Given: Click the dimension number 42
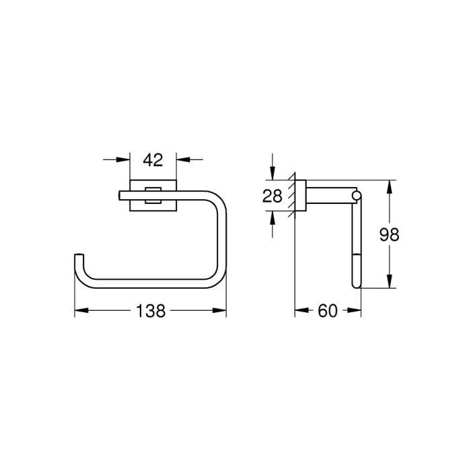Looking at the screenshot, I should (153, 159).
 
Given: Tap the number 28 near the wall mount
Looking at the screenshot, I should (272, 196).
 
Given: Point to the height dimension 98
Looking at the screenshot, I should (389, 234).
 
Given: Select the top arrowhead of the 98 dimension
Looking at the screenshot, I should (389, 186).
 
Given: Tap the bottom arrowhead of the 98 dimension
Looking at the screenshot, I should (389, 283).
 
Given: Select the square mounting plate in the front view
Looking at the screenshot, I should (153, 195).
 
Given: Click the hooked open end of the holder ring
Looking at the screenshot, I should (79, 256).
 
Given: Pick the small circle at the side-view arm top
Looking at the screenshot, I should (357, 196).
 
